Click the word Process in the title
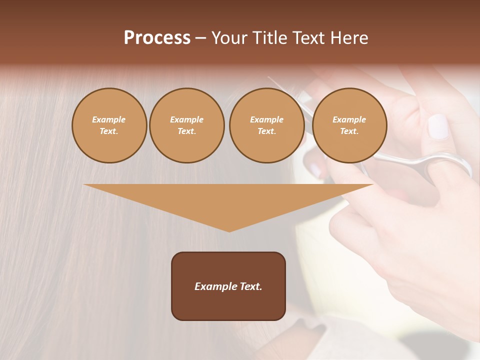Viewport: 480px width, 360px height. pyautogui.click(x=157, y=38)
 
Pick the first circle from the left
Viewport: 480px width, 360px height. pyautogui.click(x=109, y=125)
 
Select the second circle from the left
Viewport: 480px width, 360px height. pyautogui.click(x=186, y=125)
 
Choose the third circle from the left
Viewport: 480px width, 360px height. pyautogui.click(x=266, y=125)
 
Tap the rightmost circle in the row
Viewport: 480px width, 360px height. pyautogui.click(x=349, y=125)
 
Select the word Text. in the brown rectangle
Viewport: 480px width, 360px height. pyautogui.click(x=251, y=286)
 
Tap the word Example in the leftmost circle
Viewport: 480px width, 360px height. pyautogui.click(x=109, y=119)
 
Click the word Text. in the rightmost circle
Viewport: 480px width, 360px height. pyautogui.click(x=349, y=131)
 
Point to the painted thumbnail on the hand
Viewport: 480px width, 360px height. pyautogui.click(x=438, y=126)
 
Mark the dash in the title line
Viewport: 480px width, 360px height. pyautogui.click(x=200, y=38)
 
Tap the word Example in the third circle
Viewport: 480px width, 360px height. pyautogui.click(x=266, y=119)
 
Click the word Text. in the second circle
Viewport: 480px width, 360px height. pyautogui.click(x=186, y=131)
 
